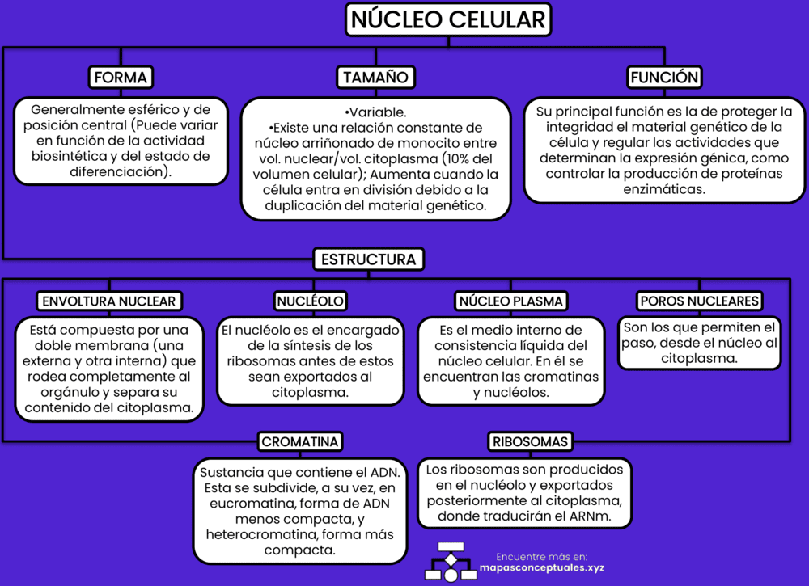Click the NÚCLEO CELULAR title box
[x=448, y=19]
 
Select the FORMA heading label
[x=121, y=78]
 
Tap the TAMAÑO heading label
[x=375, y=78]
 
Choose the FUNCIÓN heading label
[x=664, y=78]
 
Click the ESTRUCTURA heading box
[x=369, y=259]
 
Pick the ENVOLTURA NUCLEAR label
[x=108, y=301]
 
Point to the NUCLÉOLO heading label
[x=311, y=301]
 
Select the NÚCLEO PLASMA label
[x=510, y=301]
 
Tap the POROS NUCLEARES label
[x=699, y=301]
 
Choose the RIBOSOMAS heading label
[x=531, y=441]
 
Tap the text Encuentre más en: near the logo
[x=541, y=556]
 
